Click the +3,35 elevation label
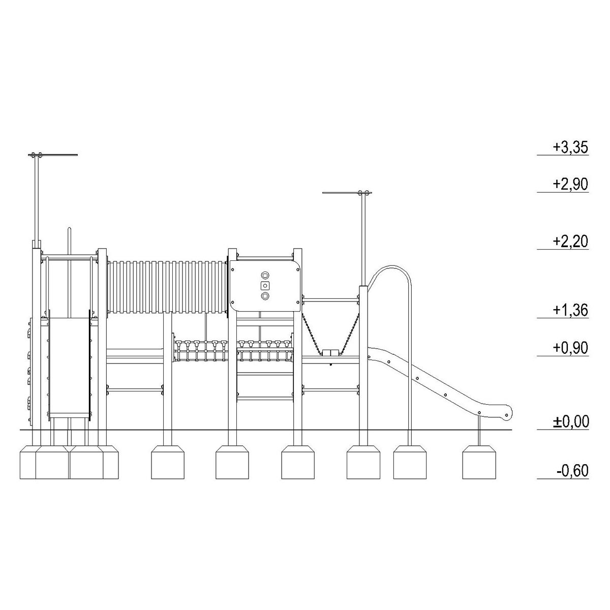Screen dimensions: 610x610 pos(570,147)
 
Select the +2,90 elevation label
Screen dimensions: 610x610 pos(570,184)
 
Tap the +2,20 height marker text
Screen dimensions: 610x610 pos(570,241)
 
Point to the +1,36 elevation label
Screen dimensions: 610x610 pos(570,310)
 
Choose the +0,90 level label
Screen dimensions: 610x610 pos(570,348)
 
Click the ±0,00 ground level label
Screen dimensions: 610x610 pos(571,421)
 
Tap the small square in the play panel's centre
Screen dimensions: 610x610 pos(265,286)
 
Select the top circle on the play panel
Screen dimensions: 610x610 pos(265,275)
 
